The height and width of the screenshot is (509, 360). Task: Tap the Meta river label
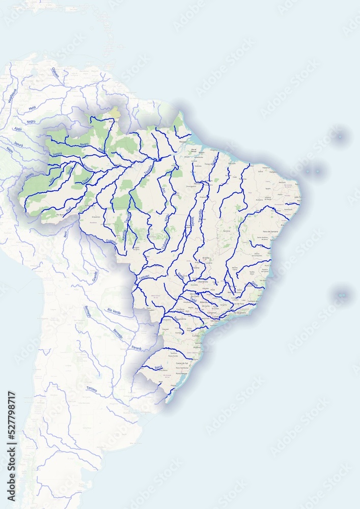pyautogui.click(x=32, y=108)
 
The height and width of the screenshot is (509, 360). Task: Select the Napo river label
pyautogui.click(x=10, y=150)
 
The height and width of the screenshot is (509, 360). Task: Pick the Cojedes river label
pyautogui.click(x=55, y=73)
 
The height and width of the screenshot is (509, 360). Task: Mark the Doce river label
pyautogui.click(x=255, y=284)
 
